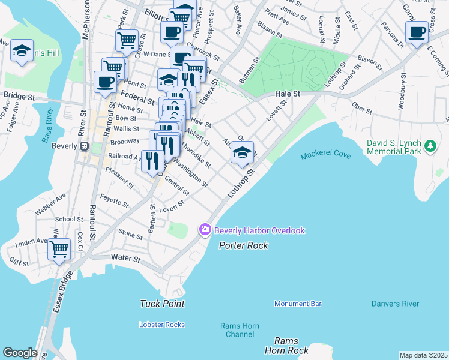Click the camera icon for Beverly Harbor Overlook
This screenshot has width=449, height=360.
tap(205, 230)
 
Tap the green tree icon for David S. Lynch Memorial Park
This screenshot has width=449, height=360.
tap(429, 146)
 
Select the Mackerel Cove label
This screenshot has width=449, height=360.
tap(325, 155)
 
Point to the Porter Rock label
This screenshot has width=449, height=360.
tap(243, 245)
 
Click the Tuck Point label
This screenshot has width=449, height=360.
tap(162, 304)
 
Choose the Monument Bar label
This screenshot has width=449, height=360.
tap(298, 304)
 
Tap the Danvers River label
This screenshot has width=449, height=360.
tap(395, 304)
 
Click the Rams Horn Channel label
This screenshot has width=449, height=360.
tap(240, 330)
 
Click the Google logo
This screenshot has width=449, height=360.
tap(20, 353)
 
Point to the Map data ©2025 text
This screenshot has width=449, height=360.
tap(423, 355)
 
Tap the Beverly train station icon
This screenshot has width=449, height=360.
tap(85, 146)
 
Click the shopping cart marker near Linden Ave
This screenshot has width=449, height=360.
tap(59, 248)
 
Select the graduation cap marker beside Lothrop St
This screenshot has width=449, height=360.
tap(242, 153)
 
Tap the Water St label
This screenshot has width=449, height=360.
tap(125, 259)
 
